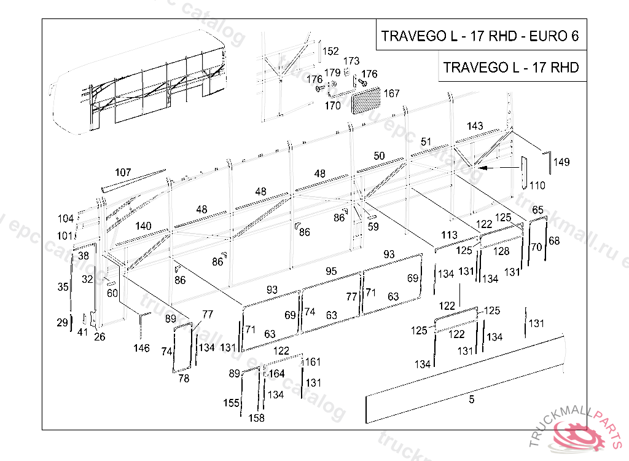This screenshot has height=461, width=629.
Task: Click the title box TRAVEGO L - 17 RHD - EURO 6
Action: click(480, 35)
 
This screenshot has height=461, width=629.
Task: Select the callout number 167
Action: click(391, 93)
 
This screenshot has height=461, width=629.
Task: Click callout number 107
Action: click(123, 172)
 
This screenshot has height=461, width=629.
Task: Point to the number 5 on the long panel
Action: click(472, 400)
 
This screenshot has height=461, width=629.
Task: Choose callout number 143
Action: click(475, 126)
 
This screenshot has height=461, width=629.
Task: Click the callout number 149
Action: click(561, 162)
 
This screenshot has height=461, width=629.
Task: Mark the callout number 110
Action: click(537, 186)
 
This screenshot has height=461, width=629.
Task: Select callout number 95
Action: click(331, 271)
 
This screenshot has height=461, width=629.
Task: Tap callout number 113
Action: click(449, 235)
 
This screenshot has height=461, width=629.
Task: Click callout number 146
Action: click(141, 349)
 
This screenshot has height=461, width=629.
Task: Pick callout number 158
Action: click(256, 418)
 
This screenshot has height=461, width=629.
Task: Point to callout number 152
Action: click(331, 51)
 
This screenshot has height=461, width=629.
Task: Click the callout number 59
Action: click(373, 226)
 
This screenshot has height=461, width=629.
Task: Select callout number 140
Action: click(143, 226)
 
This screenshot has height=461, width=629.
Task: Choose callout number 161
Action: click(313, 361)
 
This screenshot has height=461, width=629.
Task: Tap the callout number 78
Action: click(184, 379)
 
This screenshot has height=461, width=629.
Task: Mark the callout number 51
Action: click(426, 141)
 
